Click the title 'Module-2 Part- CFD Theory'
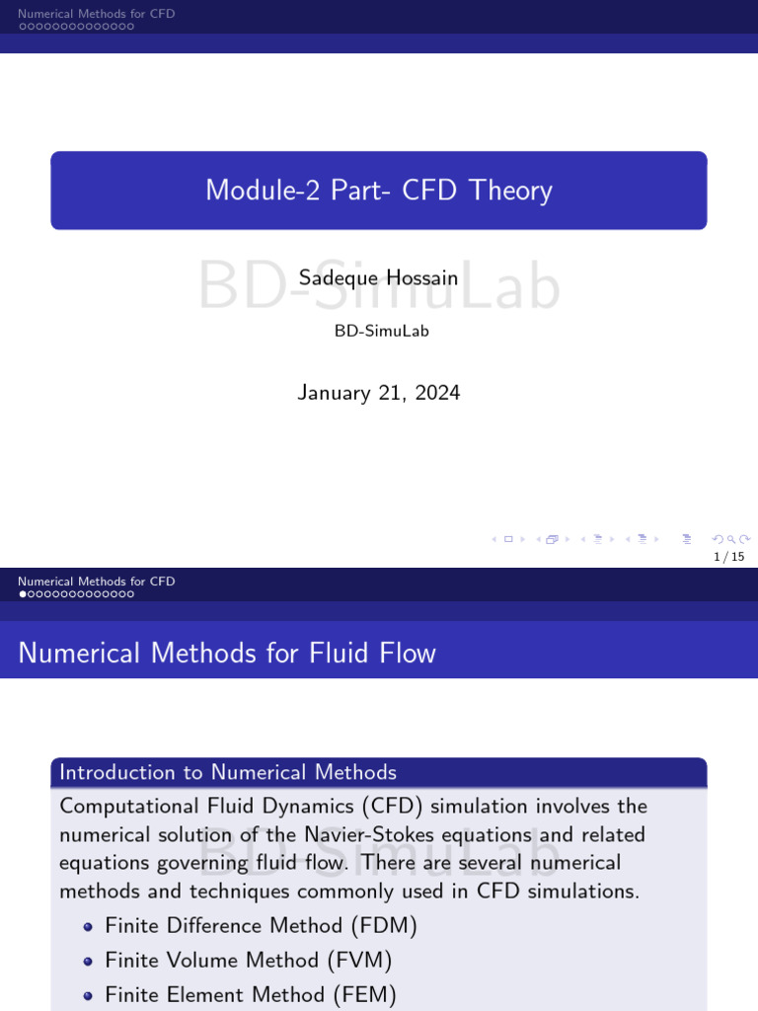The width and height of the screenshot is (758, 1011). tap(379, 191)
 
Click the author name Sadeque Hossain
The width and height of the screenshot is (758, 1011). tap(379, 278)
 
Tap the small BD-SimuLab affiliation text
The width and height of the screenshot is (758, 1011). tap(382, 331)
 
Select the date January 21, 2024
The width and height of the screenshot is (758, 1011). tap(379, 393)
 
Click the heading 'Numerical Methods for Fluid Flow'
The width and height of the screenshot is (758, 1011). tap(227, 653)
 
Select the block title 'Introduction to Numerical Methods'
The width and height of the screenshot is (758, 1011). tap(228, 772)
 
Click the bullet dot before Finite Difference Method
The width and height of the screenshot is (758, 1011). tap(89, 927)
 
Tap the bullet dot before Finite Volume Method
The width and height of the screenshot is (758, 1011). tap(89, 961)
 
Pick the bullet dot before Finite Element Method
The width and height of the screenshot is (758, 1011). tap(89, 995)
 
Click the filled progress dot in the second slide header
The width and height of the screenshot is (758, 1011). tap(23, 594)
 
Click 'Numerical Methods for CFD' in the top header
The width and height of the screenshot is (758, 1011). tap(96, 14)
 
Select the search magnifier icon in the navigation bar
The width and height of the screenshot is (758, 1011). tap(730, 539)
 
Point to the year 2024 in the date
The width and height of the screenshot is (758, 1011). tap(437, 393)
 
